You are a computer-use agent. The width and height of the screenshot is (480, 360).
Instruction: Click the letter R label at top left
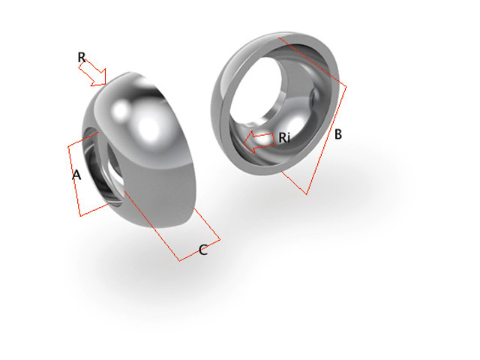(x=82, y=57)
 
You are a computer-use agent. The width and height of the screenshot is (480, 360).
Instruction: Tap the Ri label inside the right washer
(x=284, y=138)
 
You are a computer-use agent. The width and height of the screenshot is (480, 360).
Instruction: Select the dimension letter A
(x=76, y=175)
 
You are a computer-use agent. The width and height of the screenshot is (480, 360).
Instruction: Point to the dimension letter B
(x=338, y=135)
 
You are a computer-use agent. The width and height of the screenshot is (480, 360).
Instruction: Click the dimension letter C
(x=202, y=250)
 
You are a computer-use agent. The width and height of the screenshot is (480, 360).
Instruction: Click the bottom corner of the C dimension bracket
(x=180, y=260)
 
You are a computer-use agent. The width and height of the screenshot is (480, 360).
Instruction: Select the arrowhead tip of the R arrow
(x=106, y=82)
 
